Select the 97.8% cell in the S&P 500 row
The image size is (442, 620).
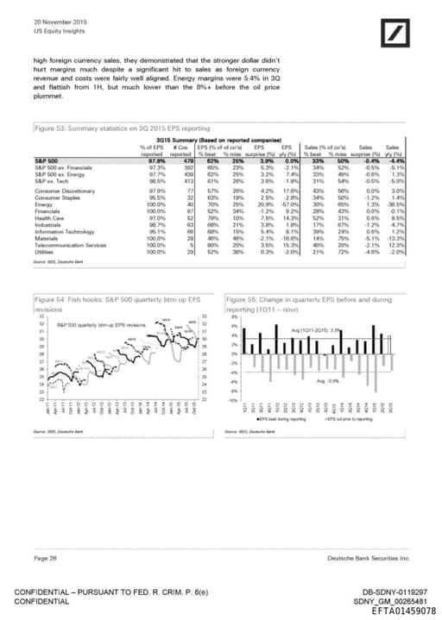(x=157, y=160)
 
